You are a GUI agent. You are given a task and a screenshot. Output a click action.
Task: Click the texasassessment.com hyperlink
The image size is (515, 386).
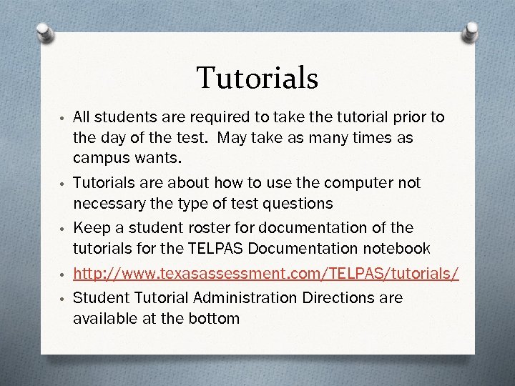tap(266, 275)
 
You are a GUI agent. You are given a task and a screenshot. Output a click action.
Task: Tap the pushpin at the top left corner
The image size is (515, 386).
tap(44, 33)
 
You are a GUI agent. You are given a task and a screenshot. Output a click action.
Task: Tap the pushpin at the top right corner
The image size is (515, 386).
tap(471, 33)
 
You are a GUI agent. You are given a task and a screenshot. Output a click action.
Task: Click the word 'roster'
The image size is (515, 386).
tap(200, 228)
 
